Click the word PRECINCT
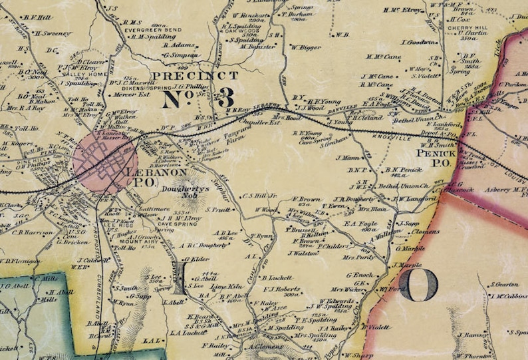[x=194, y=76]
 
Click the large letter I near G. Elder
[x=180, y=281]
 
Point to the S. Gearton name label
[x=505, y=284]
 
